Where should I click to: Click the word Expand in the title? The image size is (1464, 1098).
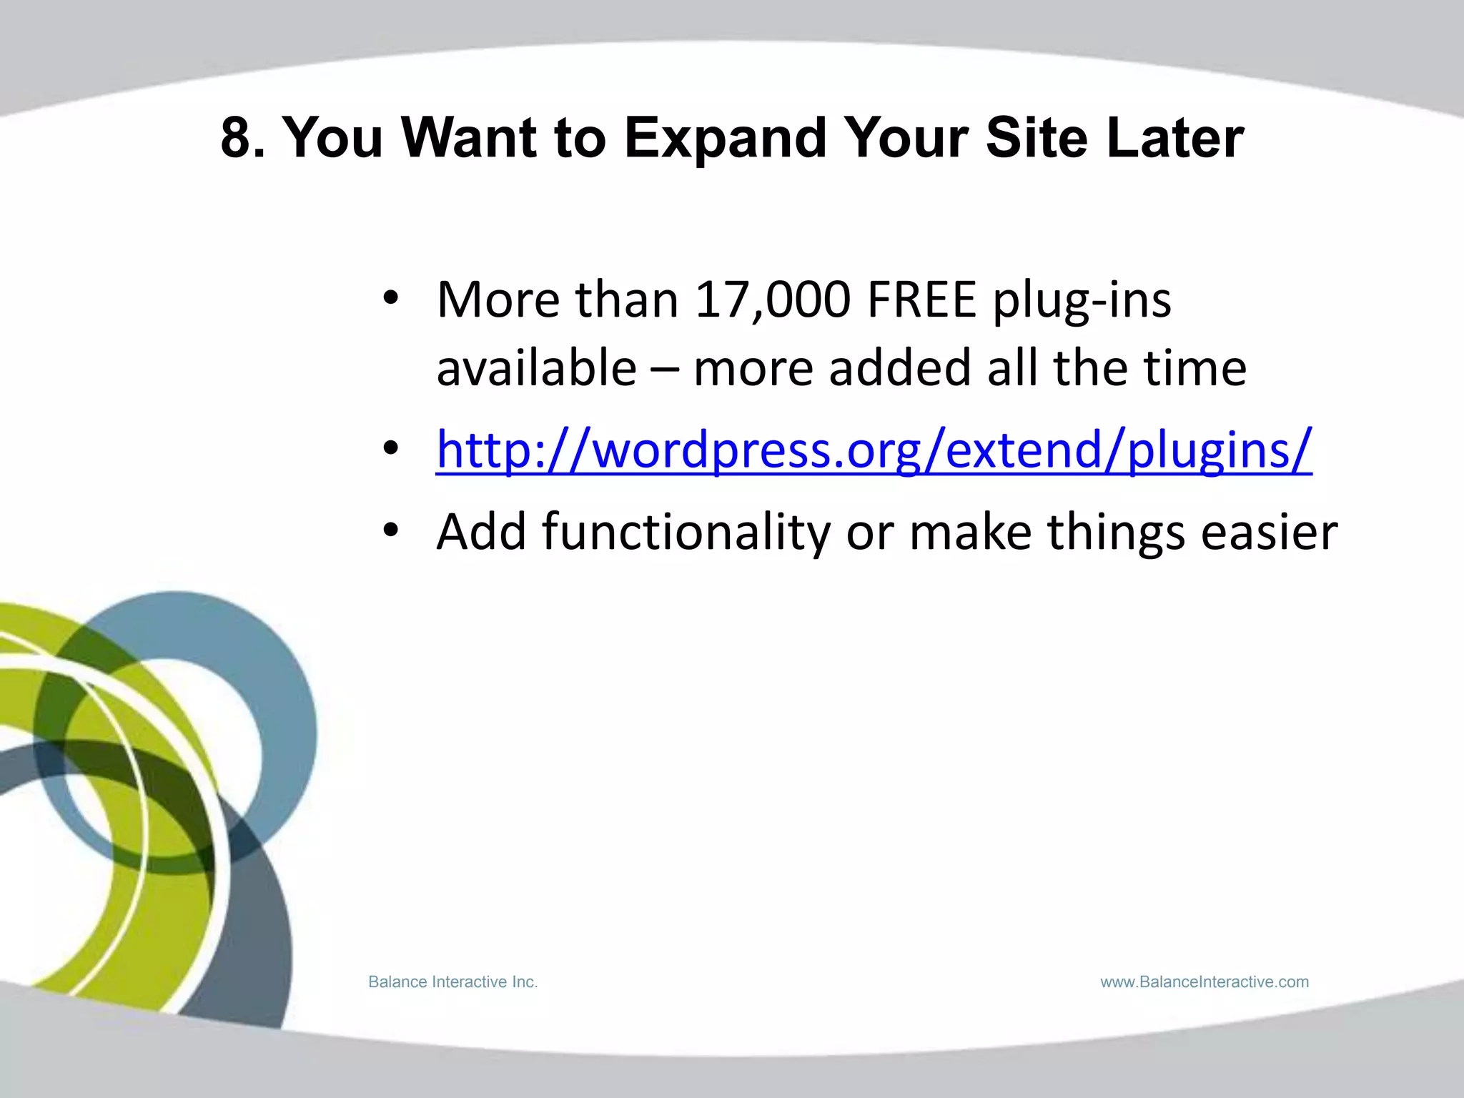pos(724,139)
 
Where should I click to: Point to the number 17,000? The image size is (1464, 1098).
pos(773,300)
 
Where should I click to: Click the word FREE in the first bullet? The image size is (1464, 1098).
pos(921,300)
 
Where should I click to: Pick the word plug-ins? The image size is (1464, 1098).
pos(1082,301)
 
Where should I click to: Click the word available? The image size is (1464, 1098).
pos(536,368)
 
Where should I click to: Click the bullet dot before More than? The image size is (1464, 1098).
pos(390,299)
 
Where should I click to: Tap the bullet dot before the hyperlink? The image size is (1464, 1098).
pos(390,449)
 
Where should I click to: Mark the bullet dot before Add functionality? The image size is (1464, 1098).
pos(390,531)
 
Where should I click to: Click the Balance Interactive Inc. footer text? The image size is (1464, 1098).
pos(452,982)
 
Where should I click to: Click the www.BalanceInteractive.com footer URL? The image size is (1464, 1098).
pos(1205,982)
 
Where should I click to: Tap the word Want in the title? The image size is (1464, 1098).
pos(469,137)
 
